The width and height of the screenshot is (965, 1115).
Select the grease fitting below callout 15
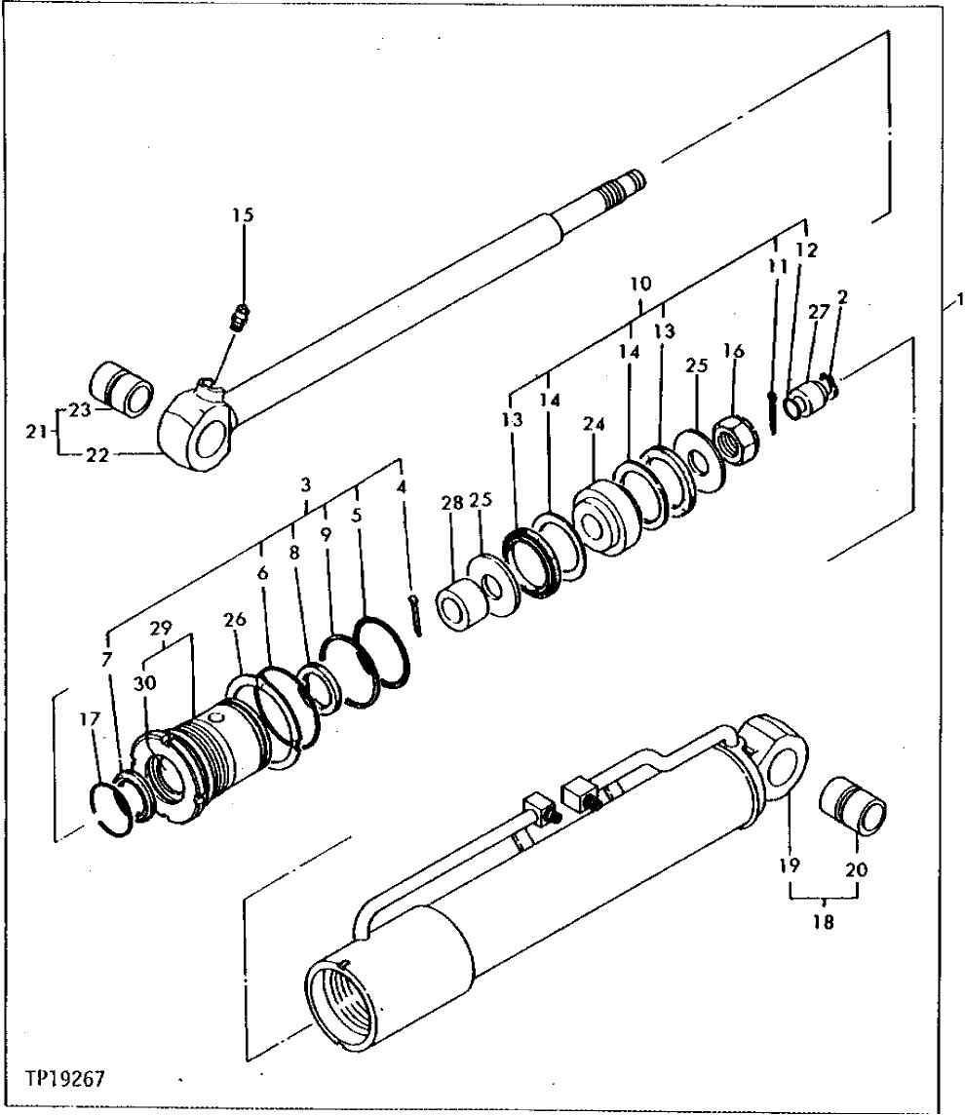pyautogui.click(x=237, y=319)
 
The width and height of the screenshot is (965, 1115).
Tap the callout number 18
pyautogui.click(x=824, y=922)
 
